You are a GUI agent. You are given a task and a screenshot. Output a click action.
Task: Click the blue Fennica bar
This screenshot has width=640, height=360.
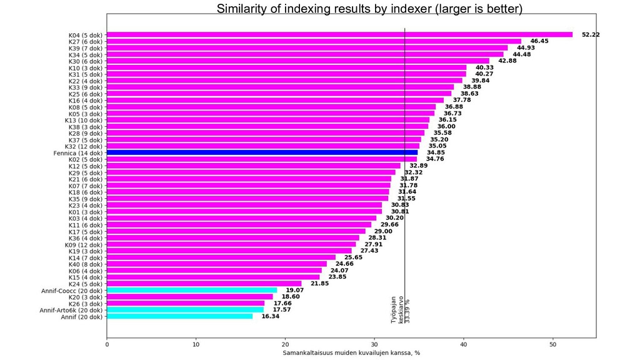point(262,152)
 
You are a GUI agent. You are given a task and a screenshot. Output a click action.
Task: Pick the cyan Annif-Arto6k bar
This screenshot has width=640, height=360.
point(185,310)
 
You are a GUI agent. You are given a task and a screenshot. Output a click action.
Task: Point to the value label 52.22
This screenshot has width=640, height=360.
point(590,34)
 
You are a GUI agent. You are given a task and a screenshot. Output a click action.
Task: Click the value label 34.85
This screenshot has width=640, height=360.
point(436,152)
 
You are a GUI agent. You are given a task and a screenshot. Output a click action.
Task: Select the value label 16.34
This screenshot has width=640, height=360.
point(270,317)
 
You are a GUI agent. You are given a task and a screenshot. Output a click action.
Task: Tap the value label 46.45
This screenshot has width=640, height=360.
point(539,41)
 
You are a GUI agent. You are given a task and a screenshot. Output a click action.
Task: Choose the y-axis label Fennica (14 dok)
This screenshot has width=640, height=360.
point(78,152)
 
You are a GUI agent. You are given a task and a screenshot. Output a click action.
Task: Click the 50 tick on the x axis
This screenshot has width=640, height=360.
point(552,344)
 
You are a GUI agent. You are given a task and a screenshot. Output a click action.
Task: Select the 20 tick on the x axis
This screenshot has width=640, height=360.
point(285,344)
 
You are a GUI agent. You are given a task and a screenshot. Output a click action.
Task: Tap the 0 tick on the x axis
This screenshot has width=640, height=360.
point(107,344)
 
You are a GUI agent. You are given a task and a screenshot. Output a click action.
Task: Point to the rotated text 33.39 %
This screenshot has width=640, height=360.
point(408,310)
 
